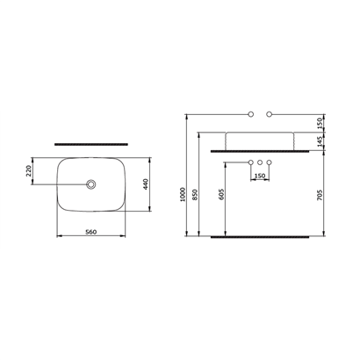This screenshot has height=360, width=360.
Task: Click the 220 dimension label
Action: tap(28, 171)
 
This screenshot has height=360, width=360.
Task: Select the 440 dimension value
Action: tap(147, 184)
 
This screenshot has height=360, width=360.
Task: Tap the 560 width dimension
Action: tap(90, 232)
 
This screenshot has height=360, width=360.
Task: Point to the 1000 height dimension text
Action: tap(183, 194)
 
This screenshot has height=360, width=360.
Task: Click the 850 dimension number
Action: tap(195, 195)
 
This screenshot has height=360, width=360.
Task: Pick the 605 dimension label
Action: tap(221, 195)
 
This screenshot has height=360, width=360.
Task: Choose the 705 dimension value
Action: tap(320, 195)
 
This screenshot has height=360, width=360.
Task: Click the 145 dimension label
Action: tap(320, 141)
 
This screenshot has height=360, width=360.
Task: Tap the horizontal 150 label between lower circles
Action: tap(260, 176)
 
